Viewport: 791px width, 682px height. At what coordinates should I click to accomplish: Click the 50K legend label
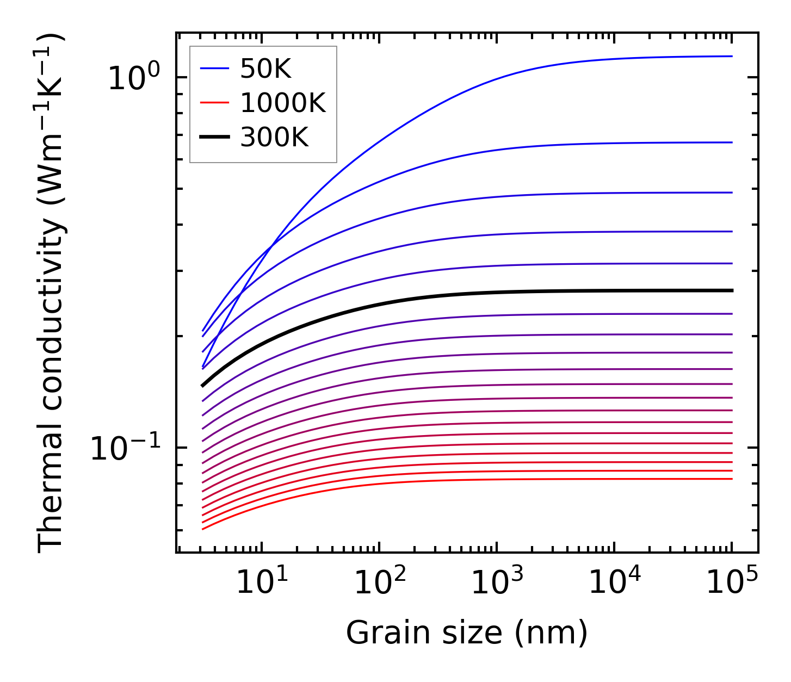click(x=265, y=69)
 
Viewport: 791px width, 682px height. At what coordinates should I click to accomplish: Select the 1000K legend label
click(x=283, y=103)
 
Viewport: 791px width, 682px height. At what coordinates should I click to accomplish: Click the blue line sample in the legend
click(x=215, y=69)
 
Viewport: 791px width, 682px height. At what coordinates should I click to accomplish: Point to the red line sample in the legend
click(x=215, y=103)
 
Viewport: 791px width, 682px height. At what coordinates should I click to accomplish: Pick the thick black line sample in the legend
click(x=215, y=137)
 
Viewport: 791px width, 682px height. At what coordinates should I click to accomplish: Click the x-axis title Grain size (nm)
click(x=467, y=633)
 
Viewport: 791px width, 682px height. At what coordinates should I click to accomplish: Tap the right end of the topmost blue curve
click(x=731, y=56)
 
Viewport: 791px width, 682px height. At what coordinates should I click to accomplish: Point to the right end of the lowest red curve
click(x=731, y=479)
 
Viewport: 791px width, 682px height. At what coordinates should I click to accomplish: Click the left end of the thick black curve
click(x=203, y=385)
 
